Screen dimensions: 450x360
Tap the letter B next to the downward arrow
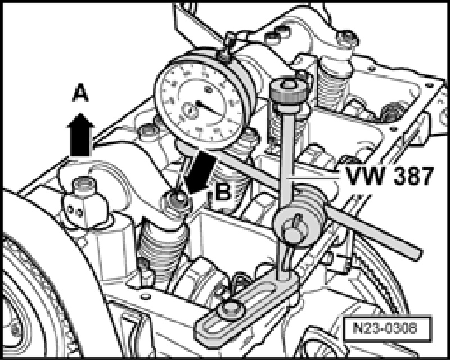coord(223,192)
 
